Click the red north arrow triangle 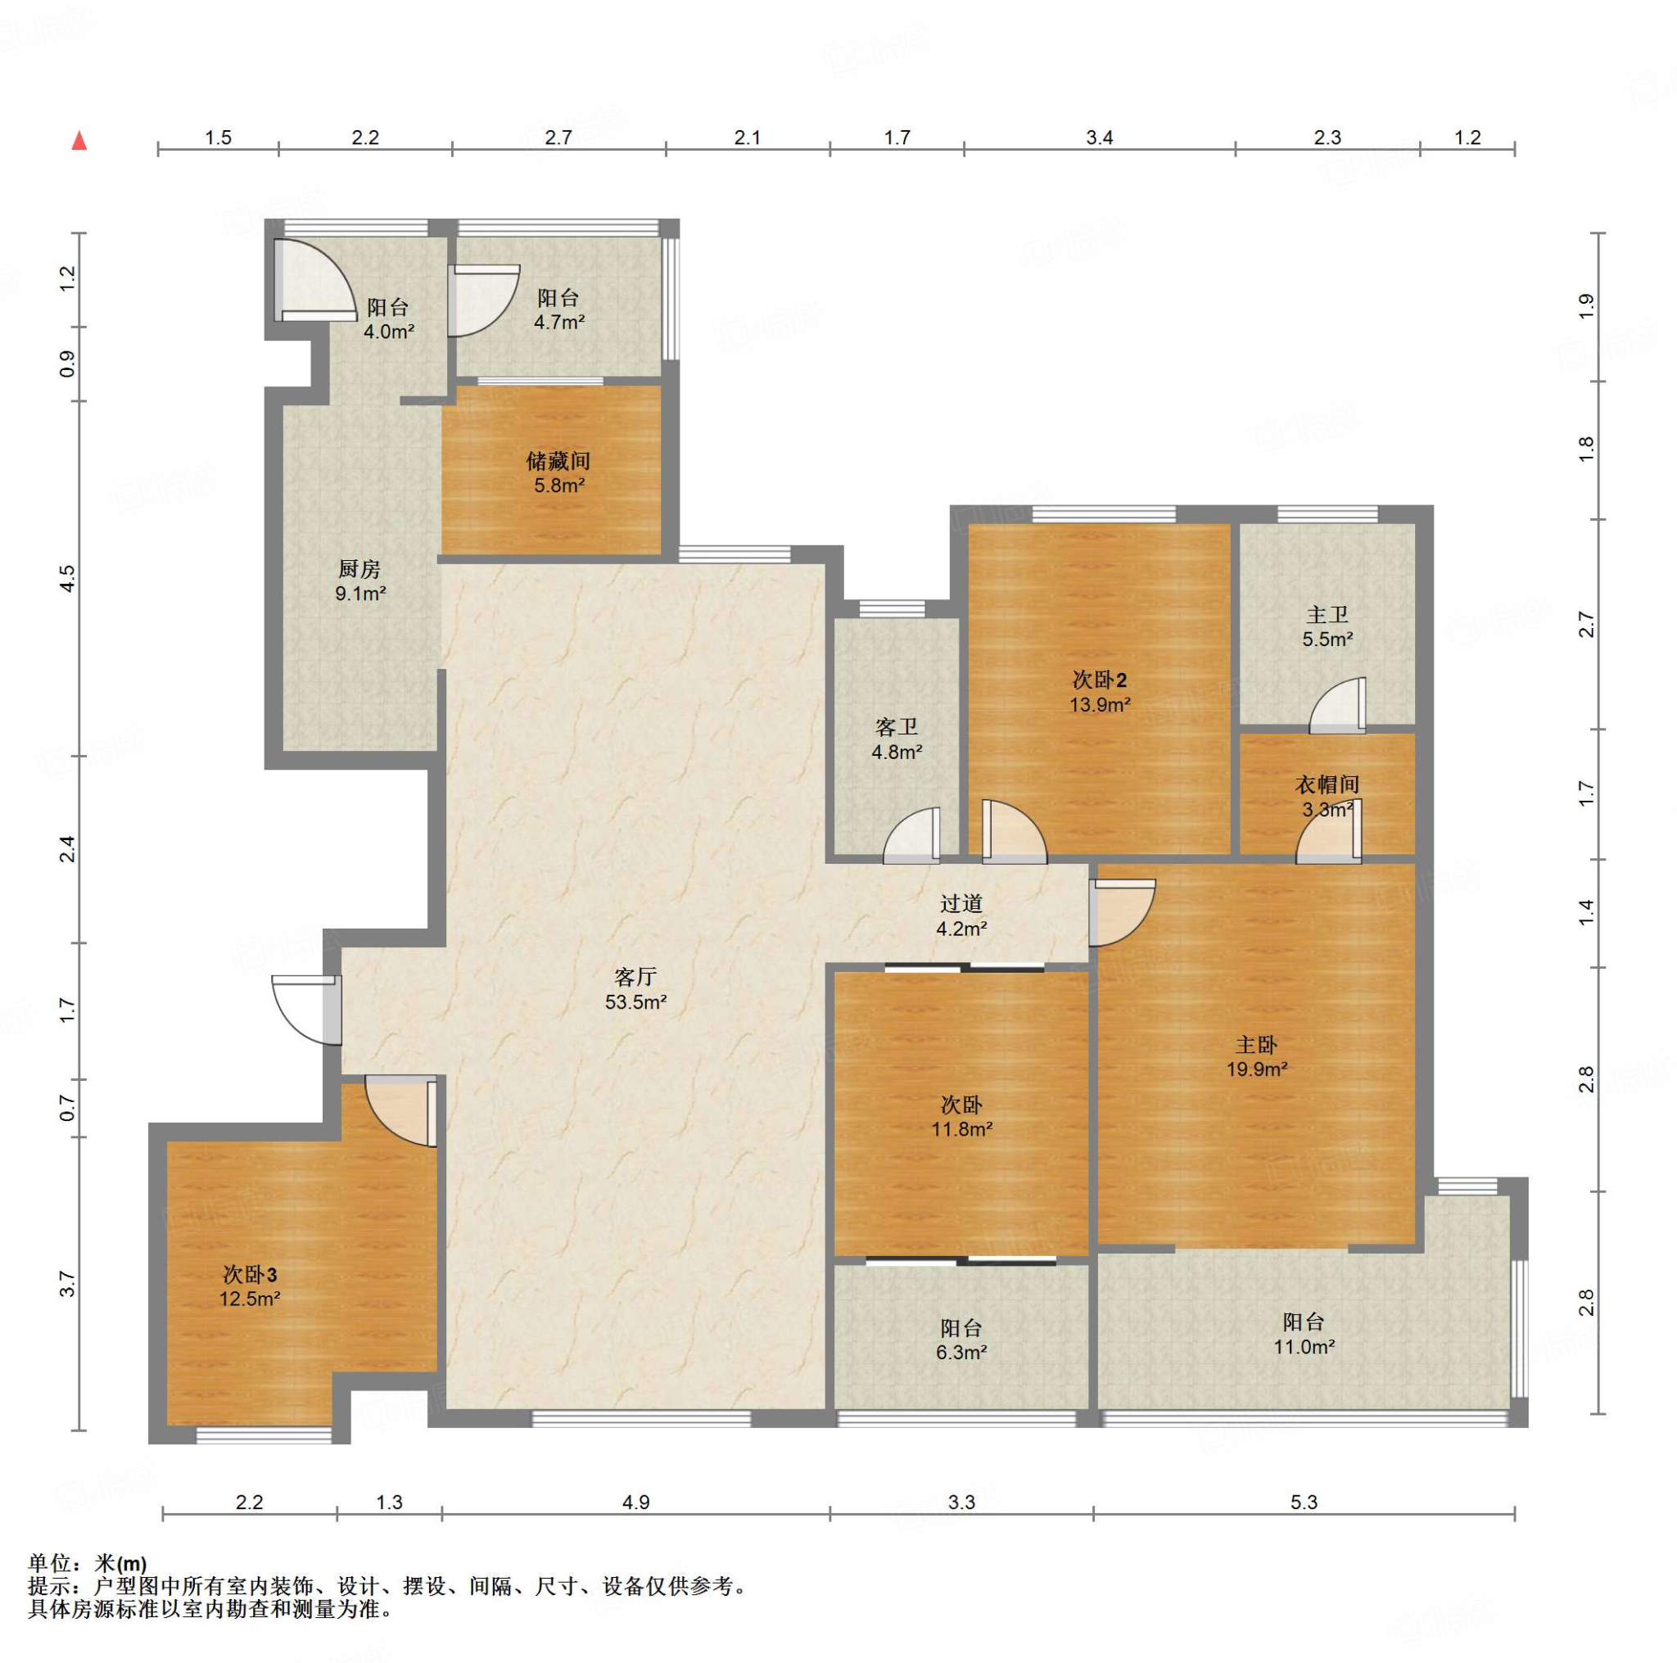tap(79, 140)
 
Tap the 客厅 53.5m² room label tap(635, 990)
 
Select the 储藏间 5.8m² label tap(558, 473)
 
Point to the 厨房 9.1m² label tap(360, 581)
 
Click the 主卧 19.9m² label tap(1256, 1057)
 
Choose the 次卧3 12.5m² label tap(250, 1286)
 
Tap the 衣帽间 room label tap(1327, 784)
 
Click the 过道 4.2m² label tap(961, 915)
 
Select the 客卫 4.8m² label tap(897, 739)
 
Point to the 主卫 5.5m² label tap(1327, 627)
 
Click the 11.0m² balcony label tap(1304, 1334)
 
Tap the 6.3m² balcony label tap(961, 1340)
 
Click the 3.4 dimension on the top tap(1099, 137)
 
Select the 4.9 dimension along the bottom tap(635, 1503)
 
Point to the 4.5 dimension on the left tap(68, 579)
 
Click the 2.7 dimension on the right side tap(1586, 625)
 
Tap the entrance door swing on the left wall tap(306, 1010)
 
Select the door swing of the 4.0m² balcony tap(315, 279)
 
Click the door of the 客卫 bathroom tap(911, 836)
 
